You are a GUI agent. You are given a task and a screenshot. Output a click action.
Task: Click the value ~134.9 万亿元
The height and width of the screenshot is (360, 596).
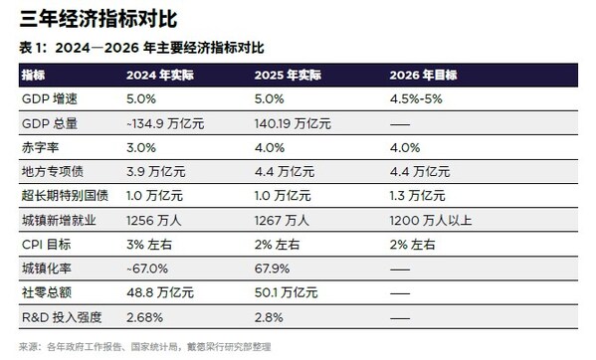coord(164,123)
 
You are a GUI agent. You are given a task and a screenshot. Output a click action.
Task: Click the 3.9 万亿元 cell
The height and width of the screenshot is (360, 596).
coord(157,171)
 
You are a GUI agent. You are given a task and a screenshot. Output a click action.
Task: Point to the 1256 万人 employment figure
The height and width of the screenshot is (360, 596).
coord(152,220)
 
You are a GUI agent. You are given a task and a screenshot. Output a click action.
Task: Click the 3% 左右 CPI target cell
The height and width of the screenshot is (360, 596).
coord(150,244)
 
